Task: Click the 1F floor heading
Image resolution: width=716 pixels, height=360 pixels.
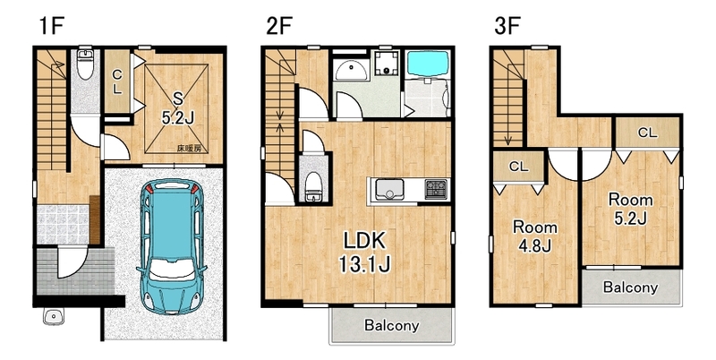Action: (51, 26)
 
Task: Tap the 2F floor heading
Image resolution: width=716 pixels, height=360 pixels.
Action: (279, 26)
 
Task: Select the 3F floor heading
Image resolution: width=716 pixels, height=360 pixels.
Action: (507, 26)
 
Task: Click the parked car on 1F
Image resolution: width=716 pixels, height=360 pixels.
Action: (171, 246)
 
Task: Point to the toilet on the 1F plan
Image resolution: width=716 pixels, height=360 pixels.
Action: (85, 64)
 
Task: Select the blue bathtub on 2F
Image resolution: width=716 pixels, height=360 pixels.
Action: (428, 64)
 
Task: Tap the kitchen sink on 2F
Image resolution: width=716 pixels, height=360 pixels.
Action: (389, 189)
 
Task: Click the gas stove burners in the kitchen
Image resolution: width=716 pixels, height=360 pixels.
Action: (435, 189)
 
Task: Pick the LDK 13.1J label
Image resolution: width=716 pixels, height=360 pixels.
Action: (364, 252)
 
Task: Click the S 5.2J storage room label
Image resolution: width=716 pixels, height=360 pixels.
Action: (177, 108)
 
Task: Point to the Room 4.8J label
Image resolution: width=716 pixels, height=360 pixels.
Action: (534, 236)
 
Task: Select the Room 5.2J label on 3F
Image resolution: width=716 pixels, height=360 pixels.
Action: (631, 209)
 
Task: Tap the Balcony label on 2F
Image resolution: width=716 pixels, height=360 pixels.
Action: (391, 325)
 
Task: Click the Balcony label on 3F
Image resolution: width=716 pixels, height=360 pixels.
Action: (630, 287)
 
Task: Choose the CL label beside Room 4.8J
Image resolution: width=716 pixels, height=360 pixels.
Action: (518, 167)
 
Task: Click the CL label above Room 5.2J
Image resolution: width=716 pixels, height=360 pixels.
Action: (647, 133)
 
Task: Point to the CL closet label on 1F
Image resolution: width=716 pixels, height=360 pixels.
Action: (117, 81)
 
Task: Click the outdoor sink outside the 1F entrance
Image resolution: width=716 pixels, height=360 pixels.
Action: (54, 316)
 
